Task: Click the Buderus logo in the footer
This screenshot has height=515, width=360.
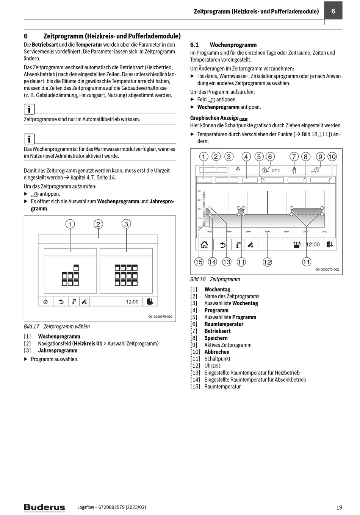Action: click(x=44, y=507)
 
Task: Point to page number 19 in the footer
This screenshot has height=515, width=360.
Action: click(x=339, y=507)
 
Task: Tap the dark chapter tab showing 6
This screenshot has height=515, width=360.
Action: click(x=333, y=11)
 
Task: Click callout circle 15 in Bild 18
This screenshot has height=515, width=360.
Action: click(x=199, y=262)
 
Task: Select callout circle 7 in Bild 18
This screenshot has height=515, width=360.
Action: click(x=294, y=157)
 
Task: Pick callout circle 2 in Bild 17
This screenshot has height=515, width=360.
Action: click(x=98, y=224)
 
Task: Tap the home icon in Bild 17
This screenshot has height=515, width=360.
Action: click(x=45, y=302)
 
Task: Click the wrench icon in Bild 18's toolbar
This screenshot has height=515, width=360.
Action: click(x=250, y=245)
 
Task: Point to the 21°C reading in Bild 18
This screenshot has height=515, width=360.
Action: click(x=276, y=170)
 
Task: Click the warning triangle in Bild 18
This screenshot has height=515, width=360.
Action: click(x=238, y=169)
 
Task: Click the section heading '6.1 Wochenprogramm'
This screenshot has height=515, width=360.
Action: click(x=223, y=45)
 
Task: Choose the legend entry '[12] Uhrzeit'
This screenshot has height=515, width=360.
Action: click(x=205, y=366)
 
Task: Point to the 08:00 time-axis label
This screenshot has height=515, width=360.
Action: click(x=248, y=231)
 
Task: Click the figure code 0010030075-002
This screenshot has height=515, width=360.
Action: click(x=160, y=317)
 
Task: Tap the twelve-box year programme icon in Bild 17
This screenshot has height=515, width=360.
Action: click(x=126, y=275)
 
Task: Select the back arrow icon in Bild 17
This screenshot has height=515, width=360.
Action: click(x=60, y=302)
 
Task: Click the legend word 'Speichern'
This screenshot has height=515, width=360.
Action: click(x=216, y=338)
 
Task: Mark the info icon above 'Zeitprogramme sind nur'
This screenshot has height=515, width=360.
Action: click(x=29, y=109)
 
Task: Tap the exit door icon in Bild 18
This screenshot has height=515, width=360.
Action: click(x=330, y=245)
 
